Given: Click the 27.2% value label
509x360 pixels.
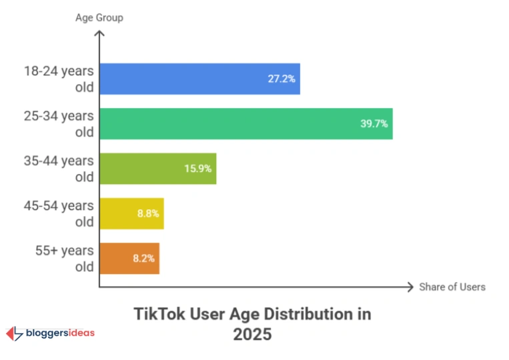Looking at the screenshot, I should pos(282,79).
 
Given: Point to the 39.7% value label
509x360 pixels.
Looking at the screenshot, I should pos(374,123).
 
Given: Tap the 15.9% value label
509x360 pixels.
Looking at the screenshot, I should pos(197,169).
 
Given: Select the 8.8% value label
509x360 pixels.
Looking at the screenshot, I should pos(148,213).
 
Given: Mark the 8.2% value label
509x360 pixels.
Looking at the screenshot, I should pos(143,258).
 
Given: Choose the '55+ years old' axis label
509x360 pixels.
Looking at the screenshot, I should pos(65,259).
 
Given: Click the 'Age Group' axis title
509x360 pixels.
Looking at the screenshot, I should pos(99,17).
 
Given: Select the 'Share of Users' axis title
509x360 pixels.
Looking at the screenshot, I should pos(452,287).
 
